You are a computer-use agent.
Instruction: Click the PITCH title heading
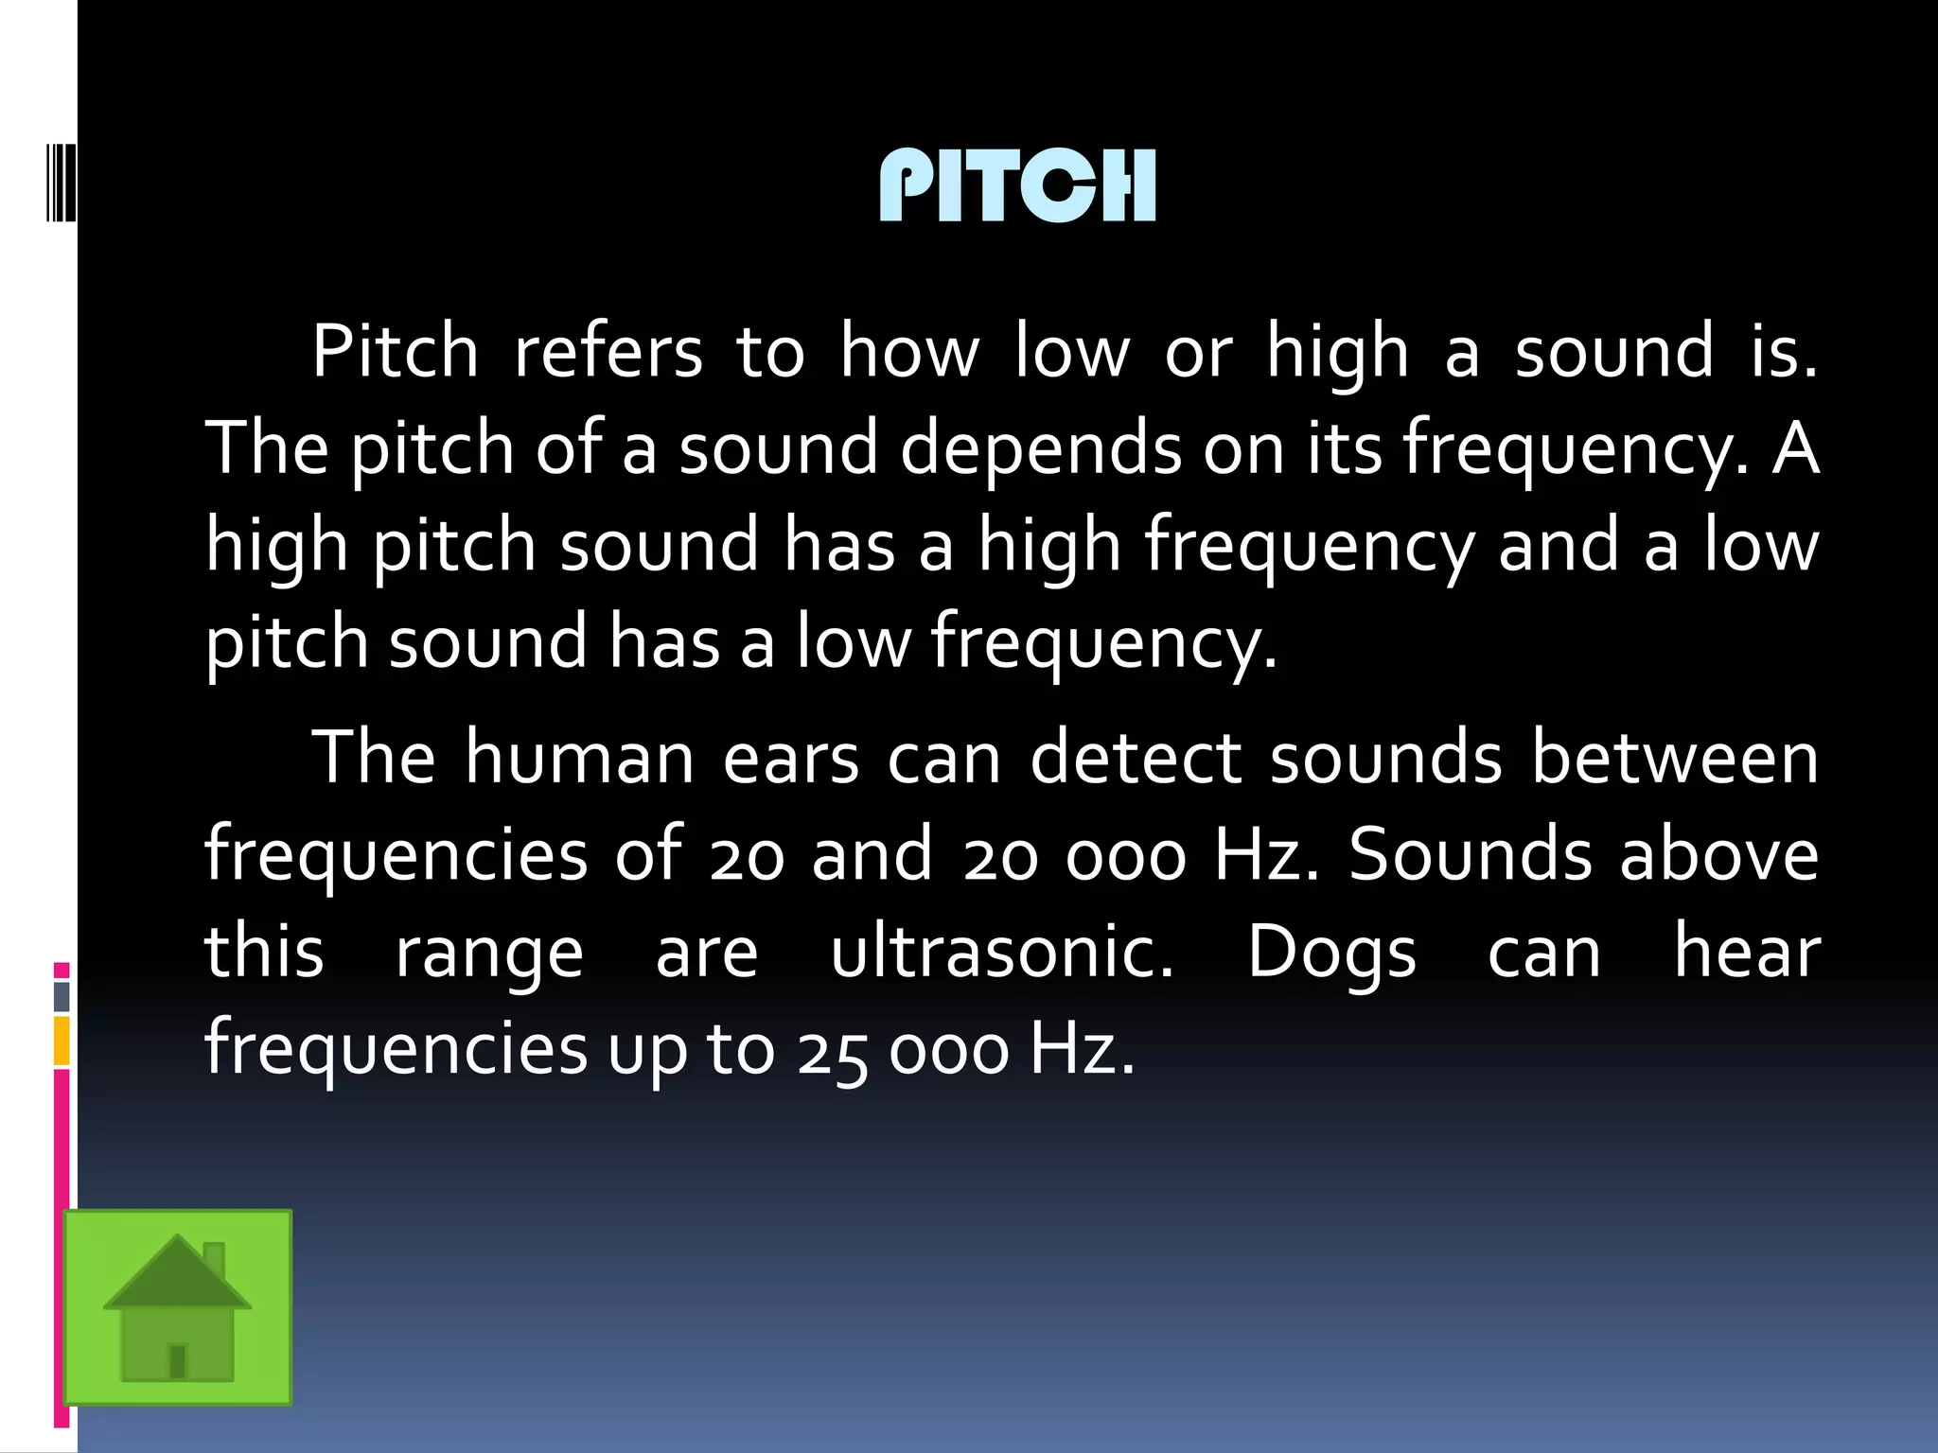(1017, 185)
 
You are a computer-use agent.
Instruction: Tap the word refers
(608, 352)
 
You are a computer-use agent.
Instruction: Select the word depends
(1040, 448)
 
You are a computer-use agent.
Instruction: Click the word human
(579, 759)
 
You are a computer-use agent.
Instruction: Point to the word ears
(790, 759)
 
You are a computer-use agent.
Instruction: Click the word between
(1674, 759)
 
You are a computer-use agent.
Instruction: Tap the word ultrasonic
(1001, 952)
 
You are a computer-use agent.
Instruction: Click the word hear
(1746, 952)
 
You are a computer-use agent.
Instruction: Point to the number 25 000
(902, 1050)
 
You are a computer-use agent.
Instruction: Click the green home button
(178, 1307)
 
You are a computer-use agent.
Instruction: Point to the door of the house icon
(177, 1360)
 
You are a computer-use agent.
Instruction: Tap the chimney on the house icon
(215, 1258)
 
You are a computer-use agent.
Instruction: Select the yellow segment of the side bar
(62, 1041)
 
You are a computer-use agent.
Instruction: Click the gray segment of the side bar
(62, 996)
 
